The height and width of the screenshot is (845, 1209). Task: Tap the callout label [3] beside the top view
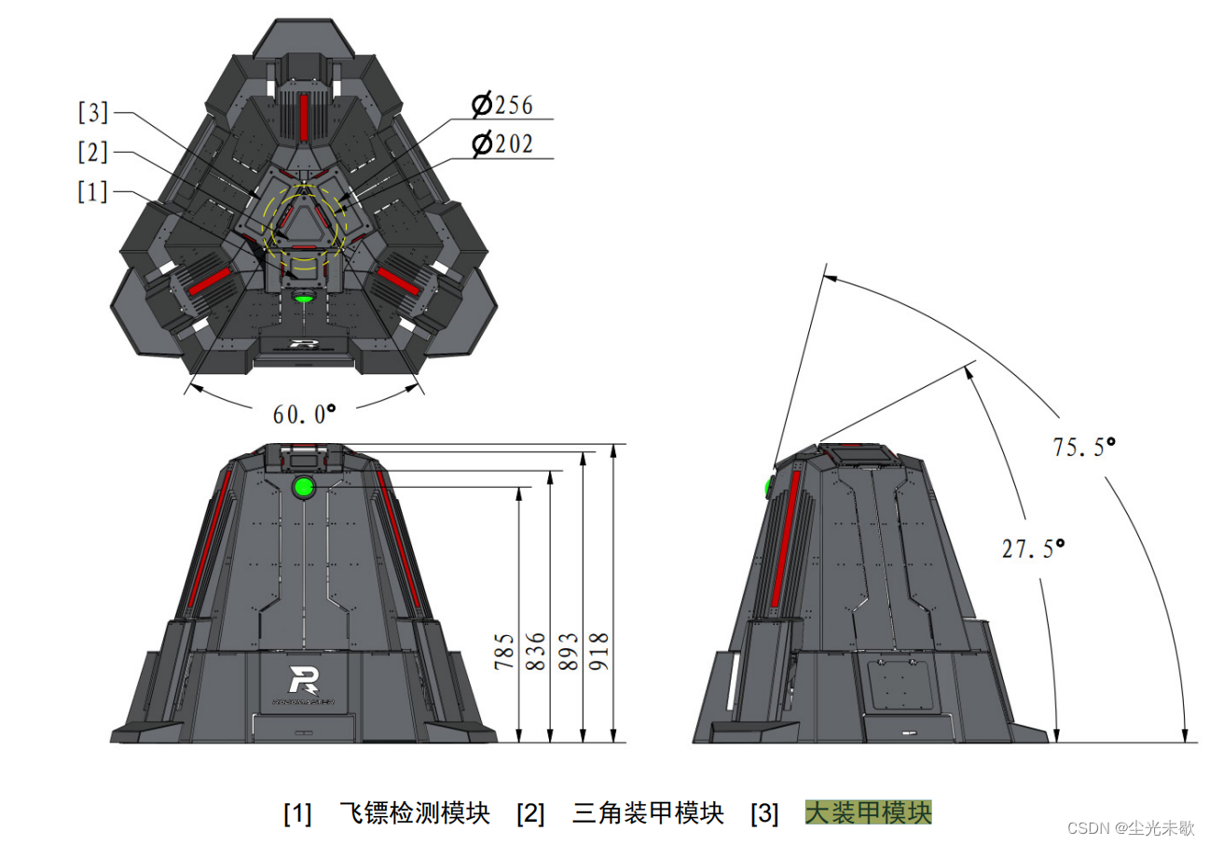(x=93, y=114)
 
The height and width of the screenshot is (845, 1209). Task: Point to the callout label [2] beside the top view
(x=93, y=152)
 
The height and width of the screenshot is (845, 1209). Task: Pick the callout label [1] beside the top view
(x=93, y=192)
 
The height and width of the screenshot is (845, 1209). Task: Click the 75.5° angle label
(x=1084, y=447)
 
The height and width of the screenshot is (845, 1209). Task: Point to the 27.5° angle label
(x=1033, y=548)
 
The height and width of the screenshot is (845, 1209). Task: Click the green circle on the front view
(x=303, y=486)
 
